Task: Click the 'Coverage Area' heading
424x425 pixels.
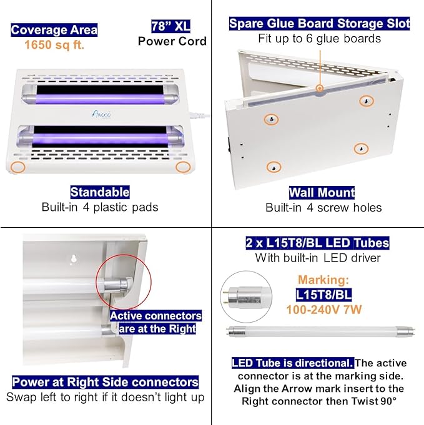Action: pyautogui.click(x=54, y=29)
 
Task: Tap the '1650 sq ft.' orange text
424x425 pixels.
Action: pyautogui.click(x=54, y=45)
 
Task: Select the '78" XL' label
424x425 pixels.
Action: pyautogui.click(x=170, y=26)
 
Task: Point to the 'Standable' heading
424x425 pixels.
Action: pyautogui.click(x=100, y=192)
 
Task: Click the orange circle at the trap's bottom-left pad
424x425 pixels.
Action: pyautogui.click(x=19, y=167)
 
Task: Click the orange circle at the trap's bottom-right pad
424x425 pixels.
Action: pyautogui.click(x=183, y=167)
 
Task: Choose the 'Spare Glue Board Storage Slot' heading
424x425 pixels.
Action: pyautogui.click(x=319, y=24)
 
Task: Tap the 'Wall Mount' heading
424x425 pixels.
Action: pyautogui.click(x=322, y=192)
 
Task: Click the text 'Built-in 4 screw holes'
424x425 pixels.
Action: pyautogui.click(x=323, y=207)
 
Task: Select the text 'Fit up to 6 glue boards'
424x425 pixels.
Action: pyautogui.click(x=319, y=39)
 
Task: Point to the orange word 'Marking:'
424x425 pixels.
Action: pyautogui.click(x=323, y=280)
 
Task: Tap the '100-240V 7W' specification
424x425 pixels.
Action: pyautogui.click(x=323, y=309)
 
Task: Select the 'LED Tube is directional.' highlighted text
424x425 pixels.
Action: pyautogui.click(x=292, y=363)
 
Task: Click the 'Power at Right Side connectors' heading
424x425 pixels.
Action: pyautogui.click(x=106, y=382)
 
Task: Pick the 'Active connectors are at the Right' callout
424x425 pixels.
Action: pyautogui.click(x=156, y=322)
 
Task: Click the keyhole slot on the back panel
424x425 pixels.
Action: pyautogui.click(x=74, y=259)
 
